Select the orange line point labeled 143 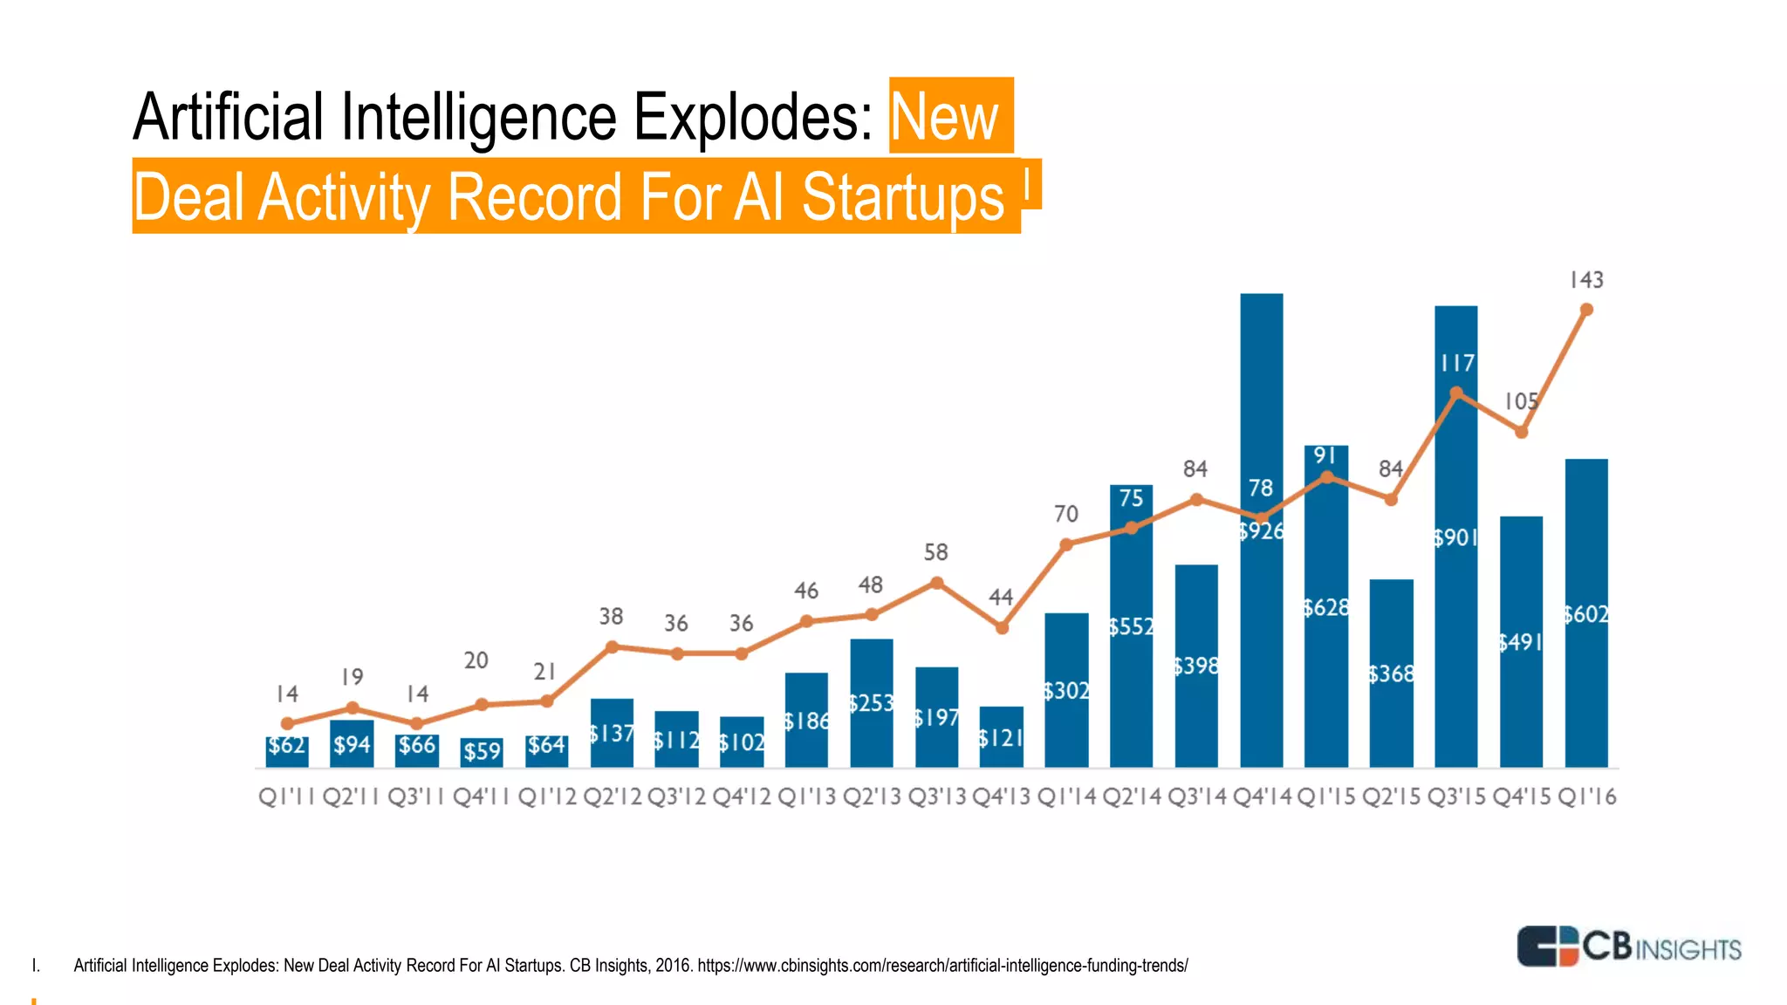(1586, 310)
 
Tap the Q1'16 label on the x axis (1586, 796)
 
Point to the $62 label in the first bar (287, 746)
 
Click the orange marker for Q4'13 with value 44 (1002, 627)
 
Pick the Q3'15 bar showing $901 (1456, 611)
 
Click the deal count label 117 (1457, 363)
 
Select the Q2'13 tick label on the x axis (871, 796)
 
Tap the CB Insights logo (1628, 947)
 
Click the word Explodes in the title (752, 117)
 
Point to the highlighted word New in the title (945, 117)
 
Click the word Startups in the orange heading (903, 197)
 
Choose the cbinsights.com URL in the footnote (942, 966)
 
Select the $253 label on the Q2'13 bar (872, 703)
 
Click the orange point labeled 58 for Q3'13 (936, 583)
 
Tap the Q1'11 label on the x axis (286, 796)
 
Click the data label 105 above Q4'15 (1521, 401)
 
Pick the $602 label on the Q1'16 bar (1585, 615)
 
